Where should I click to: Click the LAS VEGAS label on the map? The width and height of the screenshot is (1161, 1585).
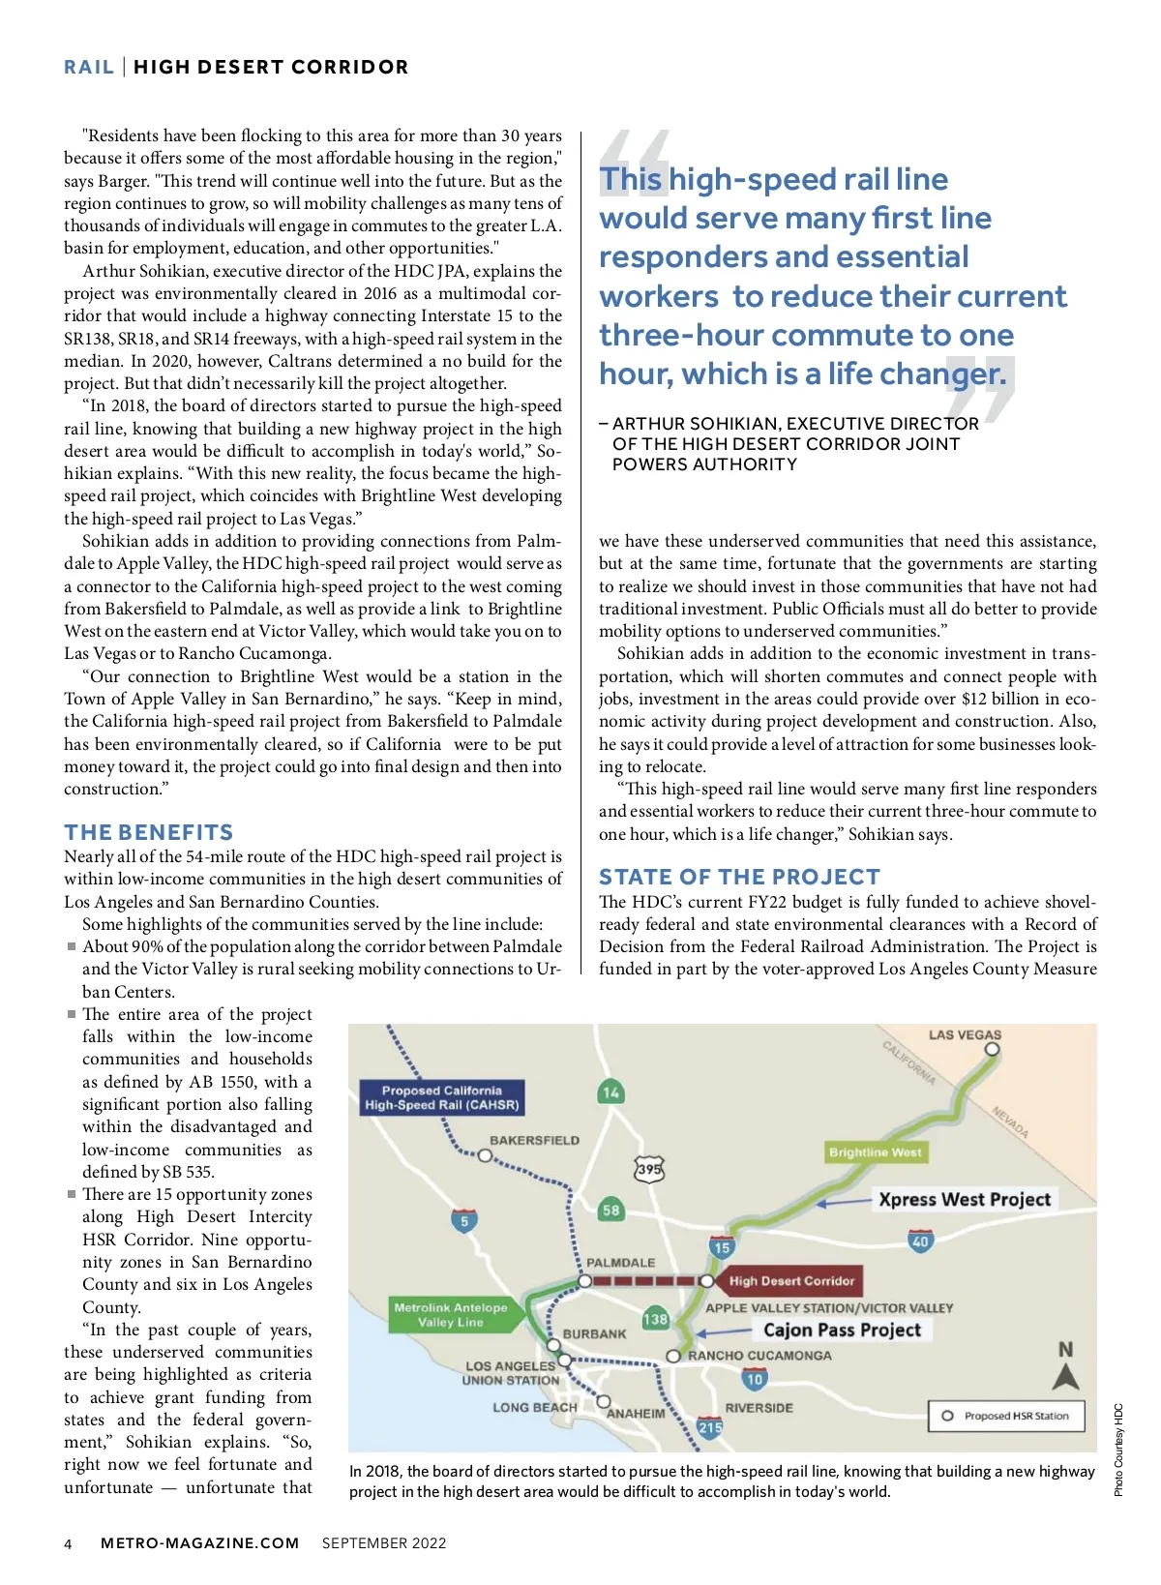click(965, 1034)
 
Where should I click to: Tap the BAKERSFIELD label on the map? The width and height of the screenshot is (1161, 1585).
click(534, 1140)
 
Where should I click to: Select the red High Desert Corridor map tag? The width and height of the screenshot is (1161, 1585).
click(791, 1281)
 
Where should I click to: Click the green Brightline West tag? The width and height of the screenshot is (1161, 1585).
click(875, 1152)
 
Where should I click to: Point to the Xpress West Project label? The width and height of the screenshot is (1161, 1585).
click(964, 1200)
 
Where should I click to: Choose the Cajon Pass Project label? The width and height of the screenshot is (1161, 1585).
click(842, 1331)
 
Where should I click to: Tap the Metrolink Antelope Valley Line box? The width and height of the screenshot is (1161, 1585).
click(450, 1314)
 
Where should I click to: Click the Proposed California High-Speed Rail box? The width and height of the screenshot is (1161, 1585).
click(442, 1097)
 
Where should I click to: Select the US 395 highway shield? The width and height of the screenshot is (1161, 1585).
click(649, 1169)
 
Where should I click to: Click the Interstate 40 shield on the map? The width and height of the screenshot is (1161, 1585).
click(920, 1241)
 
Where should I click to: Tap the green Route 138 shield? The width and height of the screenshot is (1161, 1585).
click(655, 1319)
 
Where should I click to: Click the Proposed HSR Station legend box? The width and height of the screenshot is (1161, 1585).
click(1006, 1416)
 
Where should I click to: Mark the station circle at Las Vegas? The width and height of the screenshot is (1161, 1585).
click(992, 1049)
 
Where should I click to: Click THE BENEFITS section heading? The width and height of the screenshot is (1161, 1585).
click(149, 832)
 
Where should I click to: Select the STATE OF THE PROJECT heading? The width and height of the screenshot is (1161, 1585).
click(739, 877)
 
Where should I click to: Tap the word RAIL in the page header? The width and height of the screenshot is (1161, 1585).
click(89, 67)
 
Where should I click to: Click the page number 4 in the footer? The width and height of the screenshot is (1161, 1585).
click(68, 1543)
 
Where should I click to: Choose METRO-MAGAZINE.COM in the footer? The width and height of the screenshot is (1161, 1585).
click(199, 1543)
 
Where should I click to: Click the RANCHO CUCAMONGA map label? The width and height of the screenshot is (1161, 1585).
click(759, 1356)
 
